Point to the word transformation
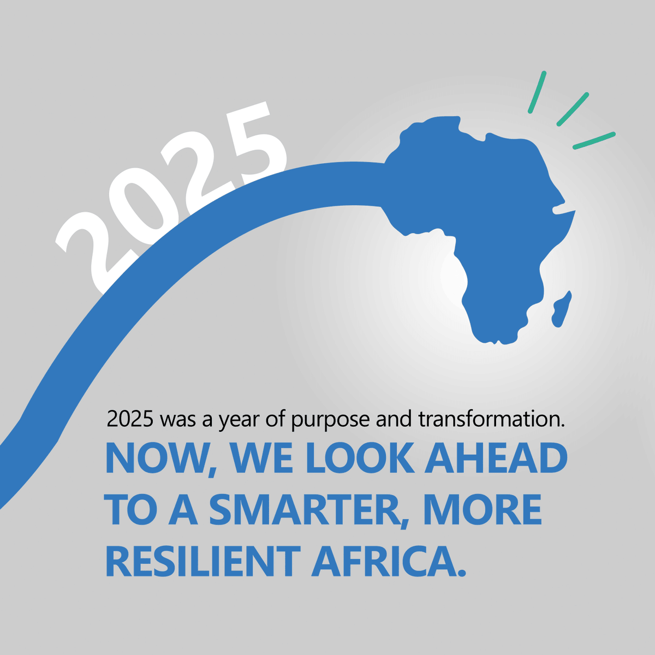pyautogui.click(x=491, y=420)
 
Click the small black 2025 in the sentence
pyautogui.click(x=130, y=420)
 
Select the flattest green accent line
pyautogui.click(x=594, y=140)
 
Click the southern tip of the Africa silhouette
pyautogui.click(x=494, y=341)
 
